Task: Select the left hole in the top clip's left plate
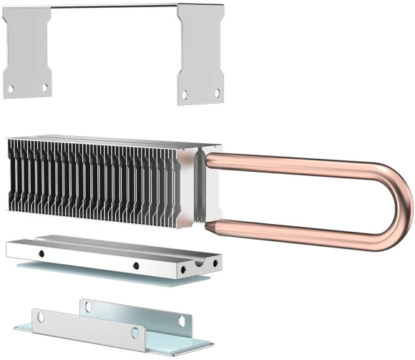click(11, 89)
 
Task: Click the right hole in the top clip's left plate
click(44, 87)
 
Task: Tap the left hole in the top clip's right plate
click(184, 94)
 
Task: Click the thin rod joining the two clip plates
click(114, 6)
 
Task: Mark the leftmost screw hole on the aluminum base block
click(41, 253)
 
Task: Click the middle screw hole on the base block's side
click(135, 265)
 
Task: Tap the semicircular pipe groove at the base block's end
click(199, 266)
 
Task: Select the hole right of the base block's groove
click(214, 263)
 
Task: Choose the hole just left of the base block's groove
click(183, 270)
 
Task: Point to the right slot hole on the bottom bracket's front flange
click(135, 332)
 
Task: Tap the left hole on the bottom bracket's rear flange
click(88, 306)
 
